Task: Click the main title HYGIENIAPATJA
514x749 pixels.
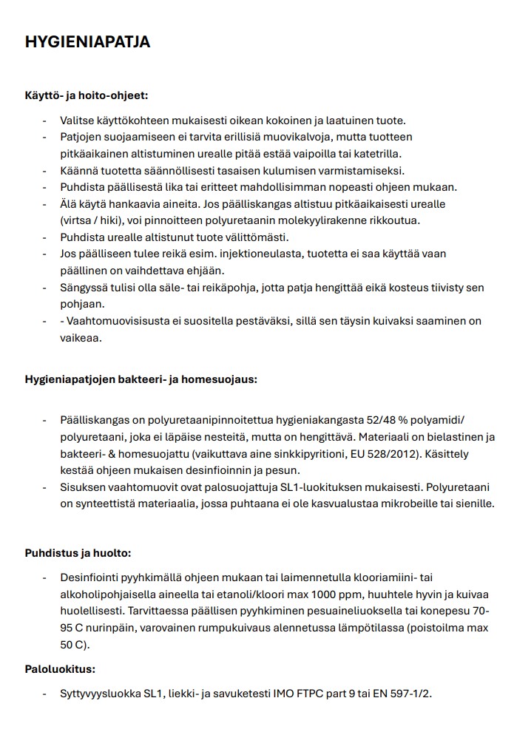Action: (87, 42)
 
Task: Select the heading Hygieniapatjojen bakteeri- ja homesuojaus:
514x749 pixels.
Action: (141, 379)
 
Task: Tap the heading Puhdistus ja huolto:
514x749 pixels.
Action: (78, 553)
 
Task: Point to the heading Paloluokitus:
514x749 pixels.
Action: (60, 669)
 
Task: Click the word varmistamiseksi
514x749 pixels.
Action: (350, 170)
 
